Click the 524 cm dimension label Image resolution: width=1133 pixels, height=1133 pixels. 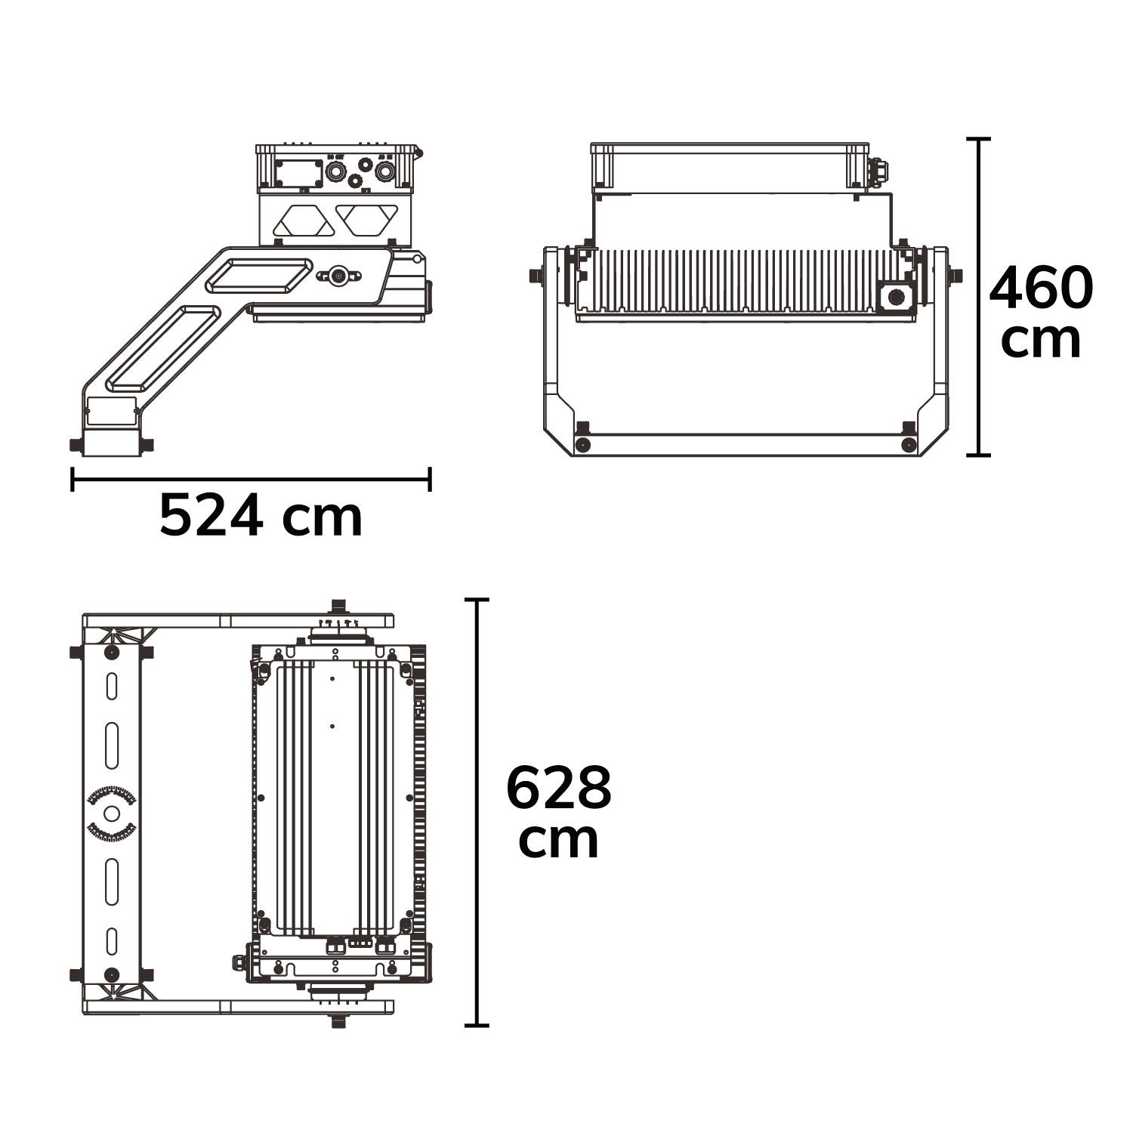pos(261,517)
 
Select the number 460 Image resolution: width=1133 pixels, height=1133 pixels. pos(1041,289)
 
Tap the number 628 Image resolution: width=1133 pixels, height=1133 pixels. pos(558,788)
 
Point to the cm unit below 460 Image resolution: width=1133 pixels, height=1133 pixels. pos(1041,341)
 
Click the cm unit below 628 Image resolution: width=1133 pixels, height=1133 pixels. pos(558,840)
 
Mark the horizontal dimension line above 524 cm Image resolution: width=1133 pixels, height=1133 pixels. pos(251,479)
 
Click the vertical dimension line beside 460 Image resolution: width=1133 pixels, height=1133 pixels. pos(979,298)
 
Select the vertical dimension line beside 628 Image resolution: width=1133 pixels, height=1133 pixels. pos(476,812)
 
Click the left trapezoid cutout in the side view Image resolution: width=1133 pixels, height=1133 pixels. pos(303,220)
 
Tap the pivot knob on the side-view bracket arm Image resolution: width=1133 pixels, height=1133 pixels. pos(337,276)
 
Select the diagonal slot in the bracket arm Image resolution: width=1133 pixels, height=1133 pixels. pos(162,348)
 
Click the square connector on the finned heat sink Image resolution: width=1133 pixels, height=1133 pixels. pos(897,297)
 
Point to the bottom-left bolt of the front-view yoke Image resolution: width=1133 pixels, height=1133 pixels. pos(582,444)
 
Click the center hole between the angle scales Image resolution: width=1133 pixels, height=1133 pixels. pos(112,813)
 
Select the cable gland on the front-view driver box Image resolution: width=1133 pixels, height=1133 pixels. pos(878,172)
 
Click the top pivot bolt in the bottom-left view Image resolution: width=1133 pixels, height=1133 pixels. pos(339,607)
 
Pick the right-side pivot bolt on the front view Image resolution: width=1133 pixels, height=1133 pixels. pos(955,276)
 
